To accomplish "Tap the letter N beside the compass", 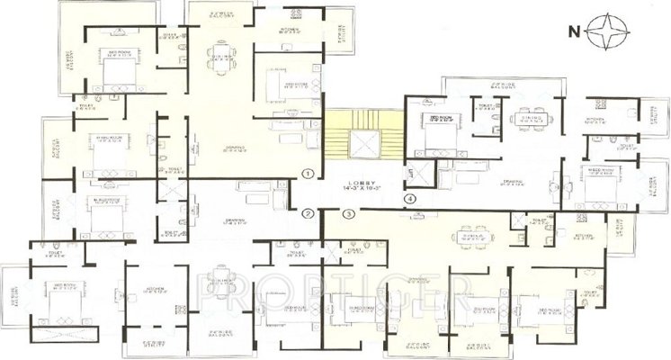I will pos(573,32).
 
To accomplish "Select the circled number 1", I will pos(308,173).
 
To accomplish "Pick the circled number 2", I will pos(308,214).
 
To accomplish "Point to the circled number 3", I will pos(349,213).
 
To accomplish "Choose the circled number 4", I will pos(410,199).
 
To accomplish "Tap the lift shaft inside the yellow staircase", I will pos(363,142).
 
